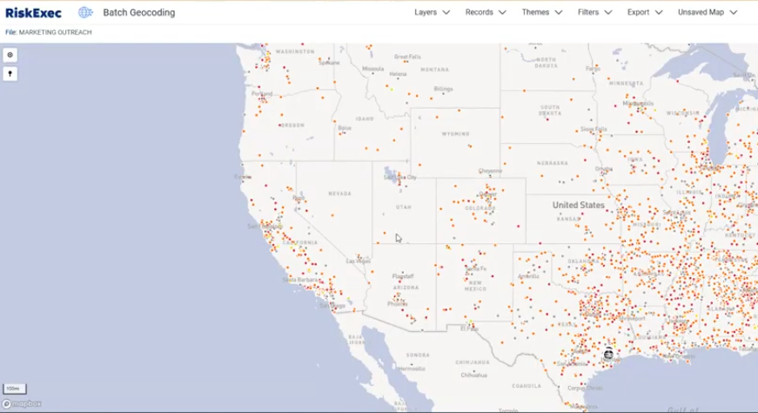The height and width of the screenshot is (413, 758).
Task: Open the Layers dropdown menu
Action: [x=432, y=12]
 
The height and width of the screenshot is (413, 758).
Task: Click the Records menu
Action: [x=486, y=12]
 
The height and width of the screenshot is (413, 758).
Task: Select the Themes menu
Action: [x=541, y=12]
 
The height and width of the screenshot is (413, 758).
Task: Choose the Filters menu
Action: [x=594, y=12]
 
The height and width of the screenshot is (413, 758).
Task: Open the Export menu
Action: [x=645, y=12]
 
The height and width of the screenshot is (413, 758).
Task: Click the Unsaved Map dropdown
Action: [x=708, y=12]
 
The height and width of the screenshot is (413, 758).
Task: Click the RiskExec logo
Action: [x=33, y=12]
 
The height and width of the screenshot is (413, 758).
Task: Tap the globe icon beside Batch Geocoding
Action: [x=85, y=12]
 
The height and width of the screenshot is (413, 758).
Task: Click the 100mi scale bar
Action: [x=14, y=388]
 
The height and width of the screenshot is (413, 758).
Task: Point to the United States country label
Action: [x=578, y=205]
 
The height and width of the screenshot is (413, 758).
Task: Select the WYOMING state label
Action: [x=455, y=133]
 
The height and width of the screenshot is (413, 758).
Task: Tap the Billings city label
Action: [x=444, y=89]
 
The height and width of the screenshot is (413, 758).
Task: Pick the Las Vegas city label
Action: [x=358, y=261]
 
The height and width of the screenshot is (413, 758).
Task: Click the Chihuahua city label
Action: [x=474, y=376]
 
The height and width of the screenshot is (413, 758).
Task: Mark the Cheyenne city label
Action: [x=490, y=171]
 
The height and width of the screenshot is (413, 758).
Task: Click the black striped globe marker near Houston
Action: [x=608, y=354]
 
